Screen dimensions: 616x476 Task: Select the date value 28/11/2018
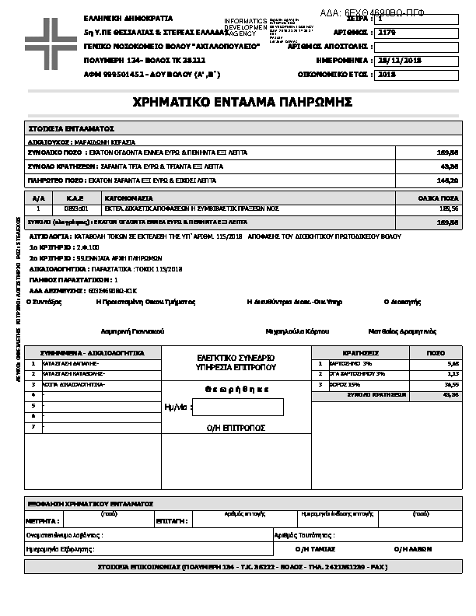pyautogui.click(x=398, y=60)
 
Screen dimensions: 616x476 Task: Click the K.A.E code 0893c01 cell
pyautogui.click(x=76, y=208)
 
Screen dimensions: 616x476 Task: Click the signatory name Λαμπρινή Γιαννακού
pyautogui.click(x=132, y=331)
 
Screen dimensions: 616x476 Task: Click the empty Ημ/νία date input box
pyautogui.click(x=237, y=407)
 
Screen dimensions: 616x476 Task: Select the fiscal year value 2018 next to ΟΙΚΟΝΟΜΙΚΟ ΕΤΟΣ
pyautogui.click(x=387, y=75)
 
